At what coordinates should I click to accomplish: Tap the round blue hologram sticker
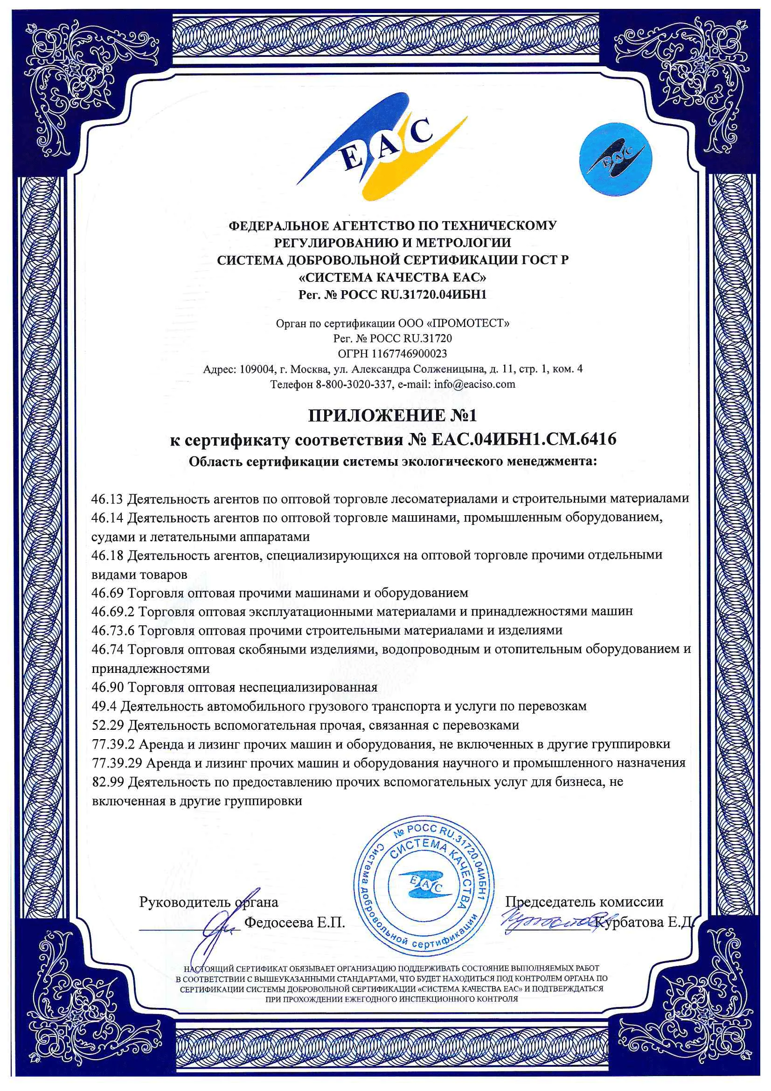pyautogui.click(x=615, y=160)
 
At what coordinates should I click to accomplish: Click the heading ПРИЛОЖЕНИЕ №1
pyautogui.click(x=392, y=416)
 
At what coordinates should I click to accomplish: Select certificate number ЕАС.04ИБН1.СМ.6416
pyautogui.click(x=524, y=439)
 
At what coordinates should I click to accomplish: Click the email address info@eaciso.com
pyautogui.click(x=474, y=384)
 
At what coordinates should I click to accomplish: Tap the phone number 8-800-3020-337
pyautogui.click(x=354, y=384)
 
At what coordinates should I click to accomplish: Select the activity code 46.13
pyautogui.click(x=107, y=499)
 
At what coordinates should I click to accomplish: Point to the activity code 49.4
pyautogui.click(x=103, y=706)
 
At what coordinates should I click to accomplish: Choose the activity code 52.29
pyautogui.click(x=107, y=725)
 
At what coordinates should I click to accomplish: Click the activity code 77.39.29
pyautogui.click(x=117, y=763)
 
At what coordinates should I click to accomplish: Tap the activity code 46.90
pyautogui.click(x=107, y=687)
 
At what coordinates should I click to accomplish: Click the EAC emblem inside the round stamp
pyautogui.click(x=421, y=884)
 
